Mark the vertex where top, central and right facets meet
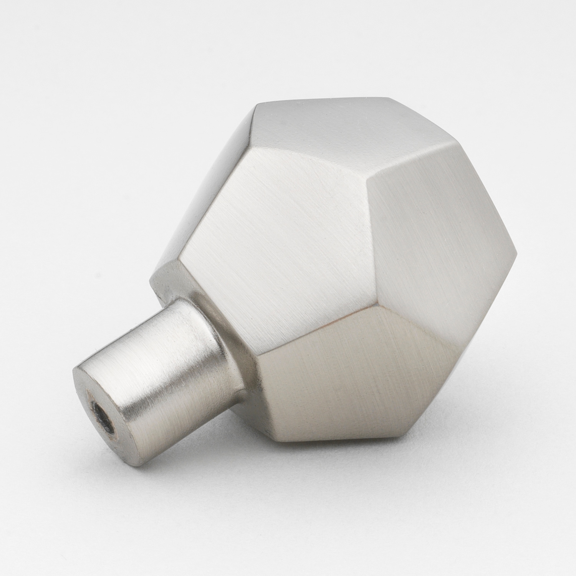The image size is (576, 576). tap(368, 186)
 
